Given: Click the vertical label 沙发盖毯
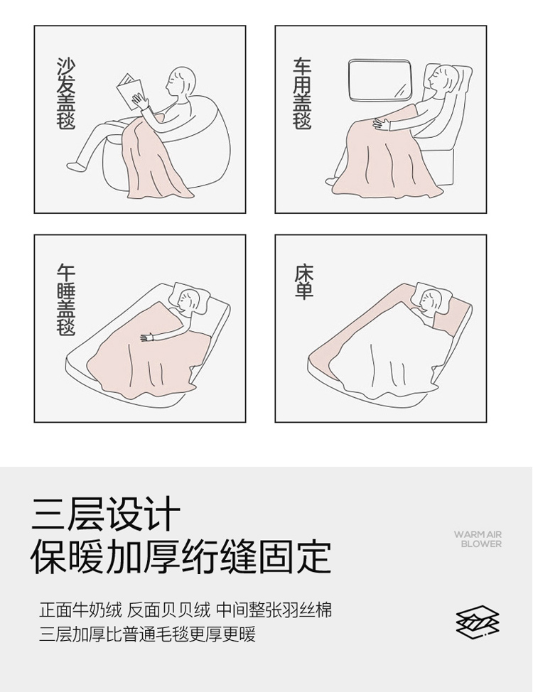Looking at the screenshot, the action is [66, 93].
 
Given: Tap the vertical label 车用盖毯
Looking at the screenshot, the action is [303, 93].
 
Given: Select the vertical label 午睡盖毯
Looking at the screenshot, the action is [66, 300].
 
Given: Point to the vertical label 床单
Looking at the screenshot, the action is [304, 281].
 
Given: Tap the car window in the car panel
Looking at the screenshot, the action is [379, 80].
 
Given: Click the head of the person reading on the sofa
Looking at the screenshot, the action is [181, 81].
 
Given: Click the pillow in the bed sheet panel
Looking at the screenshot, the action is [432, 298].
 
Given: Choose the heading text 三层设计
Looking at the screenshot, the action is [106, 514].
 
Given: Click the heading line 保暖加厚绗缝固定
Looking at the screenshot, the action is [181, 556].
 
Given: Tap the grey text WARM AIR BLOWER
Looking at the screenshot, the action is [478, 539].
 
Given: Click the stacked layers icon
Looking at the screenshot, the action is [478, 622].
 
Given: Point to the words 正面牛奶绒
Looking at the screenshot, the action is [80, 610].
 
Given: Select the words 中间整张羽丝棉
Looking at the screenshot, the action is [274, 610].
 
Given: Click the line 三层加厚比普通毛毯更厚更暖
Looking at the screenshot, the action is [148, 634].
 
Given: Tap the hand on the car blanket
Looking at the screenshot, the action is [382, 122].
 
